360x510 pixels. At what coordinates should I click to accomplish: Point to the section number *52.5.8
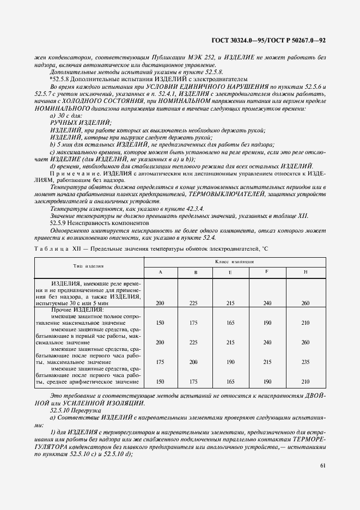[60, 78]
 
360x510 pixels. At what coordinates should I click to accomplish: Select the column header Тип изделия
[89, 266]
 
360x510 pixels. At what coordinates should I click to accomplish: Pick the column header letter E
[230, 271]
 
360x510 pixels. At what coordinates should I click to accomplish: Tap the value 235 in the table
[304, 362]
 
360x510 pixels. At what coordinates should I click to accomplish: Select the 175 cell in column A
[160, 362]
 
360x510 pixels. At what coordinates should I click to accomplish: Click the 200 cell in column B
[193, 362]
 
